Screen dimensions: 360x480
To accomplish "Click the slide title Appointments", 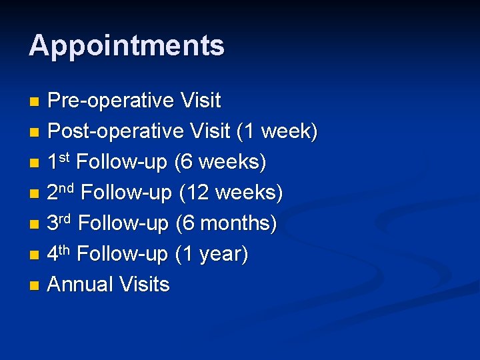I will coord(127,46).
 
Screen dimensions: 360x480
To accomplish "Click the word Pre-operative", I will coord(111,101).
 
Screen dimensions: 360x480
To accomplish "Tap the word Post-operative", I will coord(115,131).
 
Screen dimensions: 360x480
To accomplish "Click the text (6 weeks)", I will coord(221,162).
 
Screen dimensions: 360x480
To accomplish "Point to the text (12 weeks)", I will coord(231,193).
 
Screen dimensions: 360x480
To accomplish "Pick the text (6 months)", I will coord(226,223).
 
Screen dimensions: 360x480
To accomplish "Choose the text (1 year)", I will coord(211,254).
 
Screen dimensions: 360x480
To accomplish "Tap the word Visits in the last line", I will coord(144,285).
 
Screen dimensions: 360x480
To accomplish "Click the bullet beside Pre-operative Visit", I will coord(35,102).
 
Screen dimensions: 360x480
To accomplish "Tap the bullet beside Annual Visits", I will coord(35,286).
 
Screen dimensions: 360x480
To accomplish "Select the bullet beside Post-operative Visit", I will coord(35,133).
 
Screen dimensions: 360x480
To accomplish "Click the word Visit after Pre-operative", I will coord(201,101).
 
